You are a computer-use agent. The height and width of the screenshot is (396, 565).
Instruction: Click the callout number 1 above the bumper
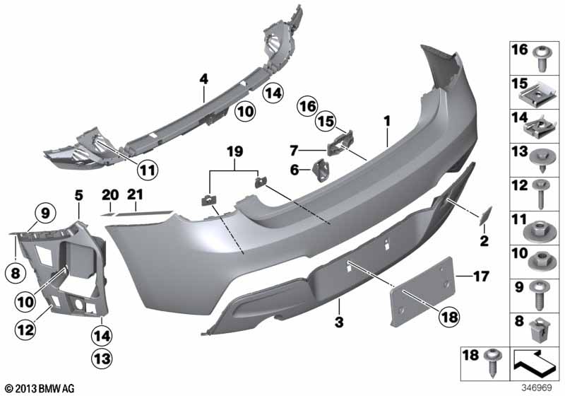point(387,122)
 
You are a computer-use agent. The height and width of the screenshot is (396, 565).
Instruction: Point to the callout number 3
point(339,322)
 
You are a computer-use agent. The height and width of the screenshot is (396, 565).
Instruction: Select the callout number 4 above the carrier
point(203,79)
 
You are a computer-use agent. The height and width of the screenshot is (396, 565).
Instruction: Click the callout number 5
point(78,194)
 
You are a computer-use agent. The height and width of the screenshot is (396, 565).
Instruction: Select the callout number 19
point(234,150)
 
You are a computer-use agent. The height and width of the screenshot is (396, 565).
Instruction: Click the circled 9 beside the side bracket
point(44,211)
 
